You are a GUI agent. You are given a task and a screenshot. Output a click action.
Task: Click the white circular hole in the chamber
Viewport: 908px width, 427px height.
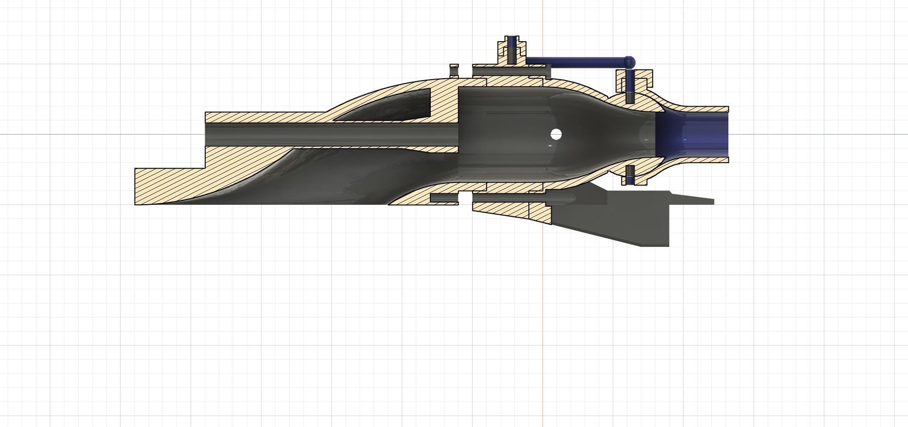pyautogui.click(x=556, y=135)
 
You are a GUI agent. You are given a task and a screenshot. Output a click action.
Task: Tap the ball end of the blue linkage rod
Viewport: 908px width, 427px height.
pyautogui.click(x=629, y=61)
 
